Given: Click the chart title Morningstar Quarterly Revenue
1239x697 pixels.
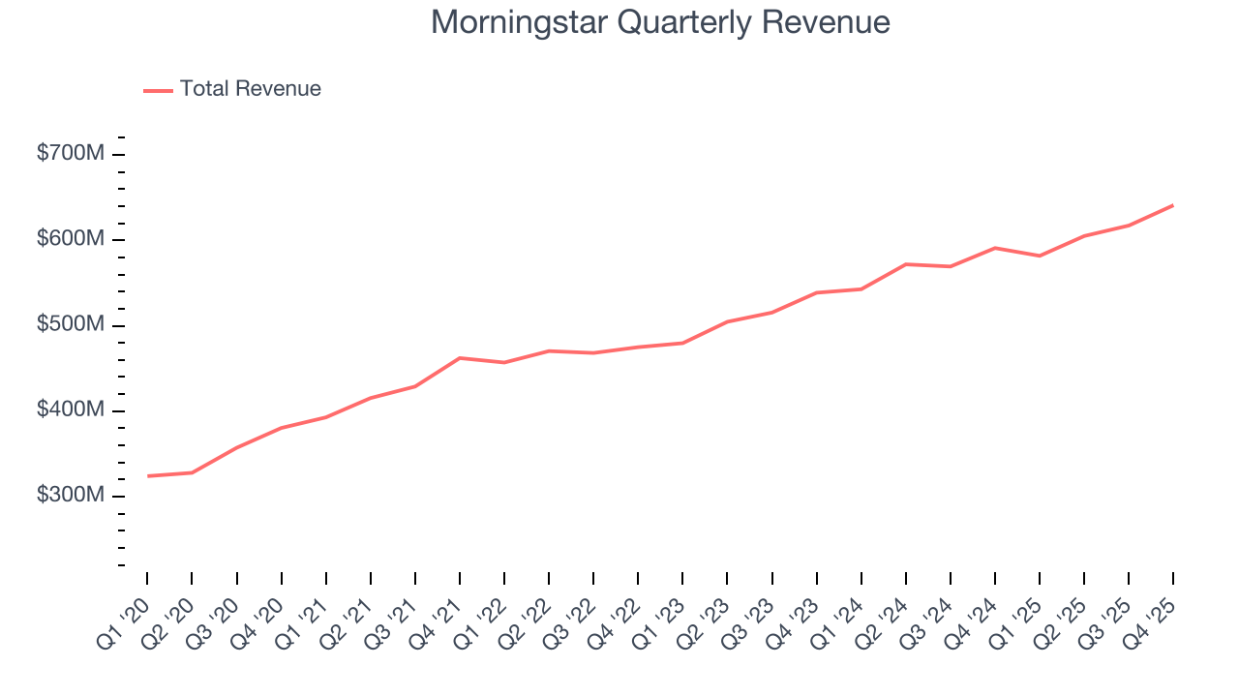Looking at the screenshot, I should (x=660, y=22).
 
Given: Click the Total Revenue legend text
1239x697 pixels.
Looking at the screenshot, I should (x=250, y=89).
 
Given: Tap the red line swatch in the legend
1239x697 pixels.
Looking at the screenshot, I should (x=158, y=90).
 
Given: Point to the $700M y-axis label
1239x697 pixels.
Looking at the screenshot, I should (x=70, y=154).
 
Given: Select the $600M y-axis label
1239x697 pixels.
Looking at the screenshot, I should (x=70, y=239).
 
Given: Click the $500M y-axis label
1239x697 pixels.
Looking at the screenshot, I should (x=70, y=324).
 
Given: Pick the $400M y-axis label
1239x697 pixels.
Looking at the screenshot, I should (x=70, y=409).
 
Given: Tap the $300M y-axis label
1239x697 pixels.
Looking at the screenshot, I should (x=70, y=495).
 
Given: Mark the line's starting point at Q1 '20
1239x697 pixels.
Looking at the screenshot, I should (x=148, y=476).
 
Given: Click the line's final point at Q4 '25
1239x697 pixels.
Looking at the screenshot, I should (x=1173, y=205).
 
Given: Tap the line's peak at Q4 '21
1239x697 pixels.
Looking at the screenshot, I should (x=460, y=358).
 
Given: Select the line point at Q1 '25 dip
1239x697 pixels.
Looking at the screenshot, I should (x=1040, y=256).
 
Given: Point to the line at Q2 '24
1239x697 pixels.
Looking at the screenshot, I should (x=906, y=264).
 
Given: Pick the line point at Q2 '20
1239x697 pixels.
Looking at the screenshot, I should (x=193, y=472).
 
